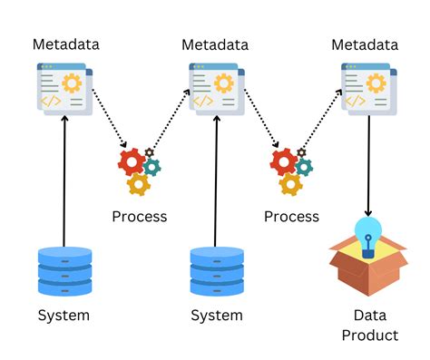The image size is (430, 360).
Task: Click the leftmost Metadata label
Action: pos(65,44)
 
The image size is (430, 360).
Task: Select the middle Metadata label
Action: pos(215,44)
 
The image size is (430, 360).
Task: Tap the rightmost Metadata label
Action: pos(365,44)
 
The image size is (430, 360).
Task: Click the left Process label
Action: pos(139,216)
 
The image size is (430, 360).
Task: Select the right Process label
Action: pos(291,216)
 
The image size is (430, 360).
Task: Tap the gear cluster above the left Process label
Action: pos(139,169)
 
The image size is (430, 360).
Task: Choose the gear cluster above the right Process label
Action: pos(291,169)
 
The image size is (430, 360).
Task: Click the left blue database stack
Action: pos(64,270)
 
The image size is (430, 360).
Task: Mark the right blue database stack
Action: pos(216,270)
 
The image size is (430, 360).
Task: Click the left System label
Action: pos(64,316)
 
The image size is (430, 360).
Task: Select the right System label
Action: pos(216,316)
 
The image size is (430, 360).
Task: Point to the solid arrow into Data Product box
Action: pos(367,163)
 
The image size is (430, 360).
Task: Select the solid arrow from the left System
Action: pos(64,181)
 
